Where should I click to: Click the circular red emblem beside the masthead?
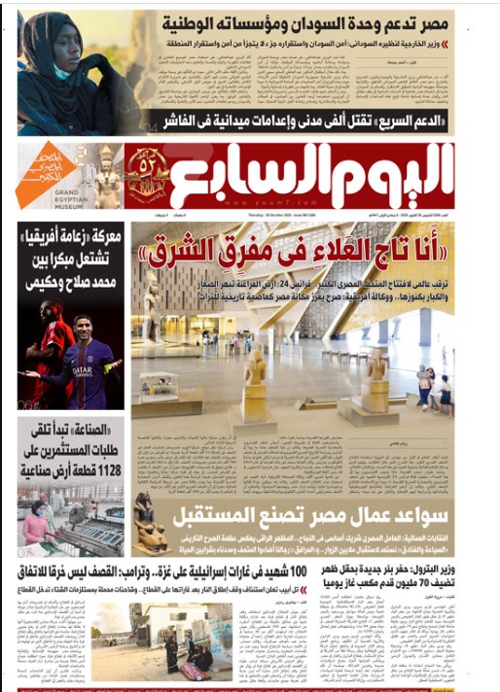pos(146,173)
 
